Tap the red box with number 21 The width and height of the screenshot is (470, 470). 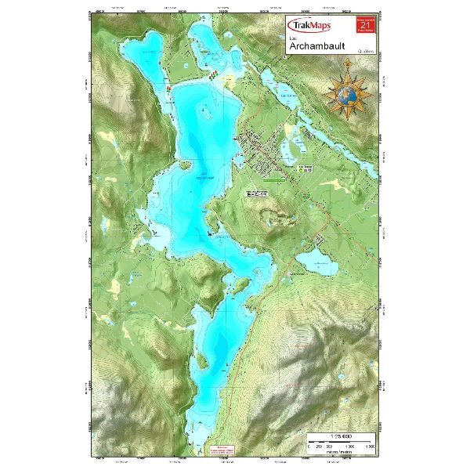pos(363,26)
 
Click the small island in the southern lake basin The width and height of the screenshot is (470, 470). pos(225,363)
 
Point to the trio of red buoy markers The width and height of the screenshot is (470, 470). pos(212,74)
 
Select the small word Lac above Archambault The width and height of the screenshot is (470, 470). pos(293,37)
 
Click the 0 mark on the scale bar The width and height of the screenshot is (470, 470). pos(309,447)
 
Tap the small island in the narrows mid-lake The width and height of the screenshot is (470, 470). pos(211,233)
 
